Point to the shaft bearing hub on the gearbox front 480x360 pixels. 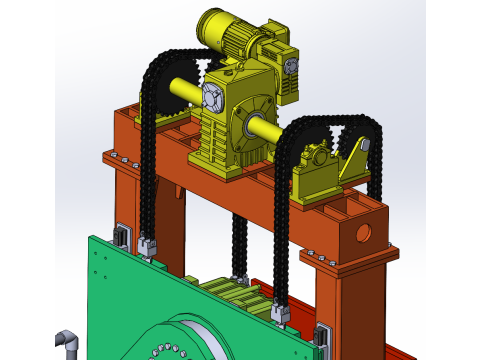[250, 124]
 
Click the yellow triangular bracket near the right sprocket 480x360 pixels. [353, 160]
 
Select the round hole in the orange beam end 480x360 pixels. [363, 233]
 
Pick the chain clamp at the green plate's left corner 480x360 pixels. [148, 245]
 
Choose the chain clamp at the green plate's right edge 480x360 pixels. [281, 314]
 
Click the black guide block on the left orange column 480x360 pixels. [122, 237]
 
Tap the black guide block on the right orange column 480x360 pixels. [321, 339]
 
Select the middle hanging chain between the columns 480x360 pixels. [240, 245]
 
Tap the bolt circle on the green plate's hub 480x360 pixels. [165, 351]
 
